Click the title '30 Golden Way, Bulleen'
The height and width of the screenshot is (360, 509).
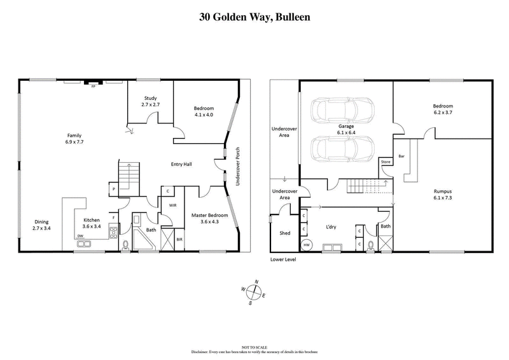point(254,17)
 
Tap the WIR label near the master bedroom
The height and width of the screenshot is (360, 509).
point(172,205)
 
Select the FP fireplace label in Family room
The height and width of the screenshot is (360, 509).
point(94,85)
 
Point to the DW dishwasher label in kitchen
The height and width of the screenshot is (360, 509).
point(80,236)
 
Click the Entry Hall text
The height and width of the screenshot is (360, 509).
point(182,164)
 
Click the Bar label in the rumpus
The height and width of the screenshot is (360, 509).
point(401,155)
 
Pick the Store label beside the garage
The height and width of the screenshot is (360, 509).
point(385,162)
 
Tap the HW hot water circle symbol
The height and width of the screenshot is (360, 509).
point(306,245)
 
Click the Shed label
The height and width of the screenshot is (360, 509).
point(285,233)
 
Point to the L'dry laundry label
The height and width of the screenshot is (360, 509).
point(330,226)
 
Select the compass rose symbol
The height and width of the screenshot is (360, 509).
point(254,293)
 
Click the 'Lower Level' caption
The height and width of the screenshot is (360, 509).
point(283,260)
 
